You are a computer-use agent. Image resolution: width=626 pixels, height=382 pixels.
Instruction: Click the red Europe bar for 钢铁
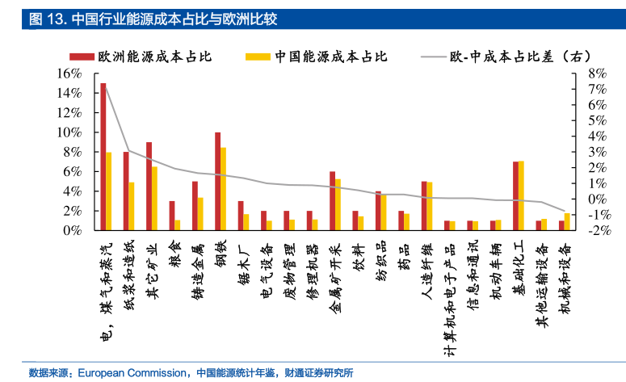point(217,181)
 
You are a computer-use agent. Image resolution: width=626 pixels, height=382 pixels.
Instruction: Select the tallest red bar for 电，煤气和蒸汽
point(103,157)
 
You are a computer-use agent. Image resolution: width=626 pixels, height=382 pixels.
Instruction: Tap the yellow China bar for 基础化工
point(521,195)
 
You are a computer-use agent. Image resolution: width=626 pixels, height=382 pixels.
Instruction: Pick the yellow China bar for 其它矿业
point(154,199)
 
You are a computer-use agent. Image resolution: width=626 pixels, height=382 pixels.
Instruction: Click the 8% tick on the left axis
point(73,152)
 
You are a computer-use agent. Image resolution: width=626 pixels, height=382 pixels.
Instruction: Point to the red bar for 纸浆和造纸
point(126,191)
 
